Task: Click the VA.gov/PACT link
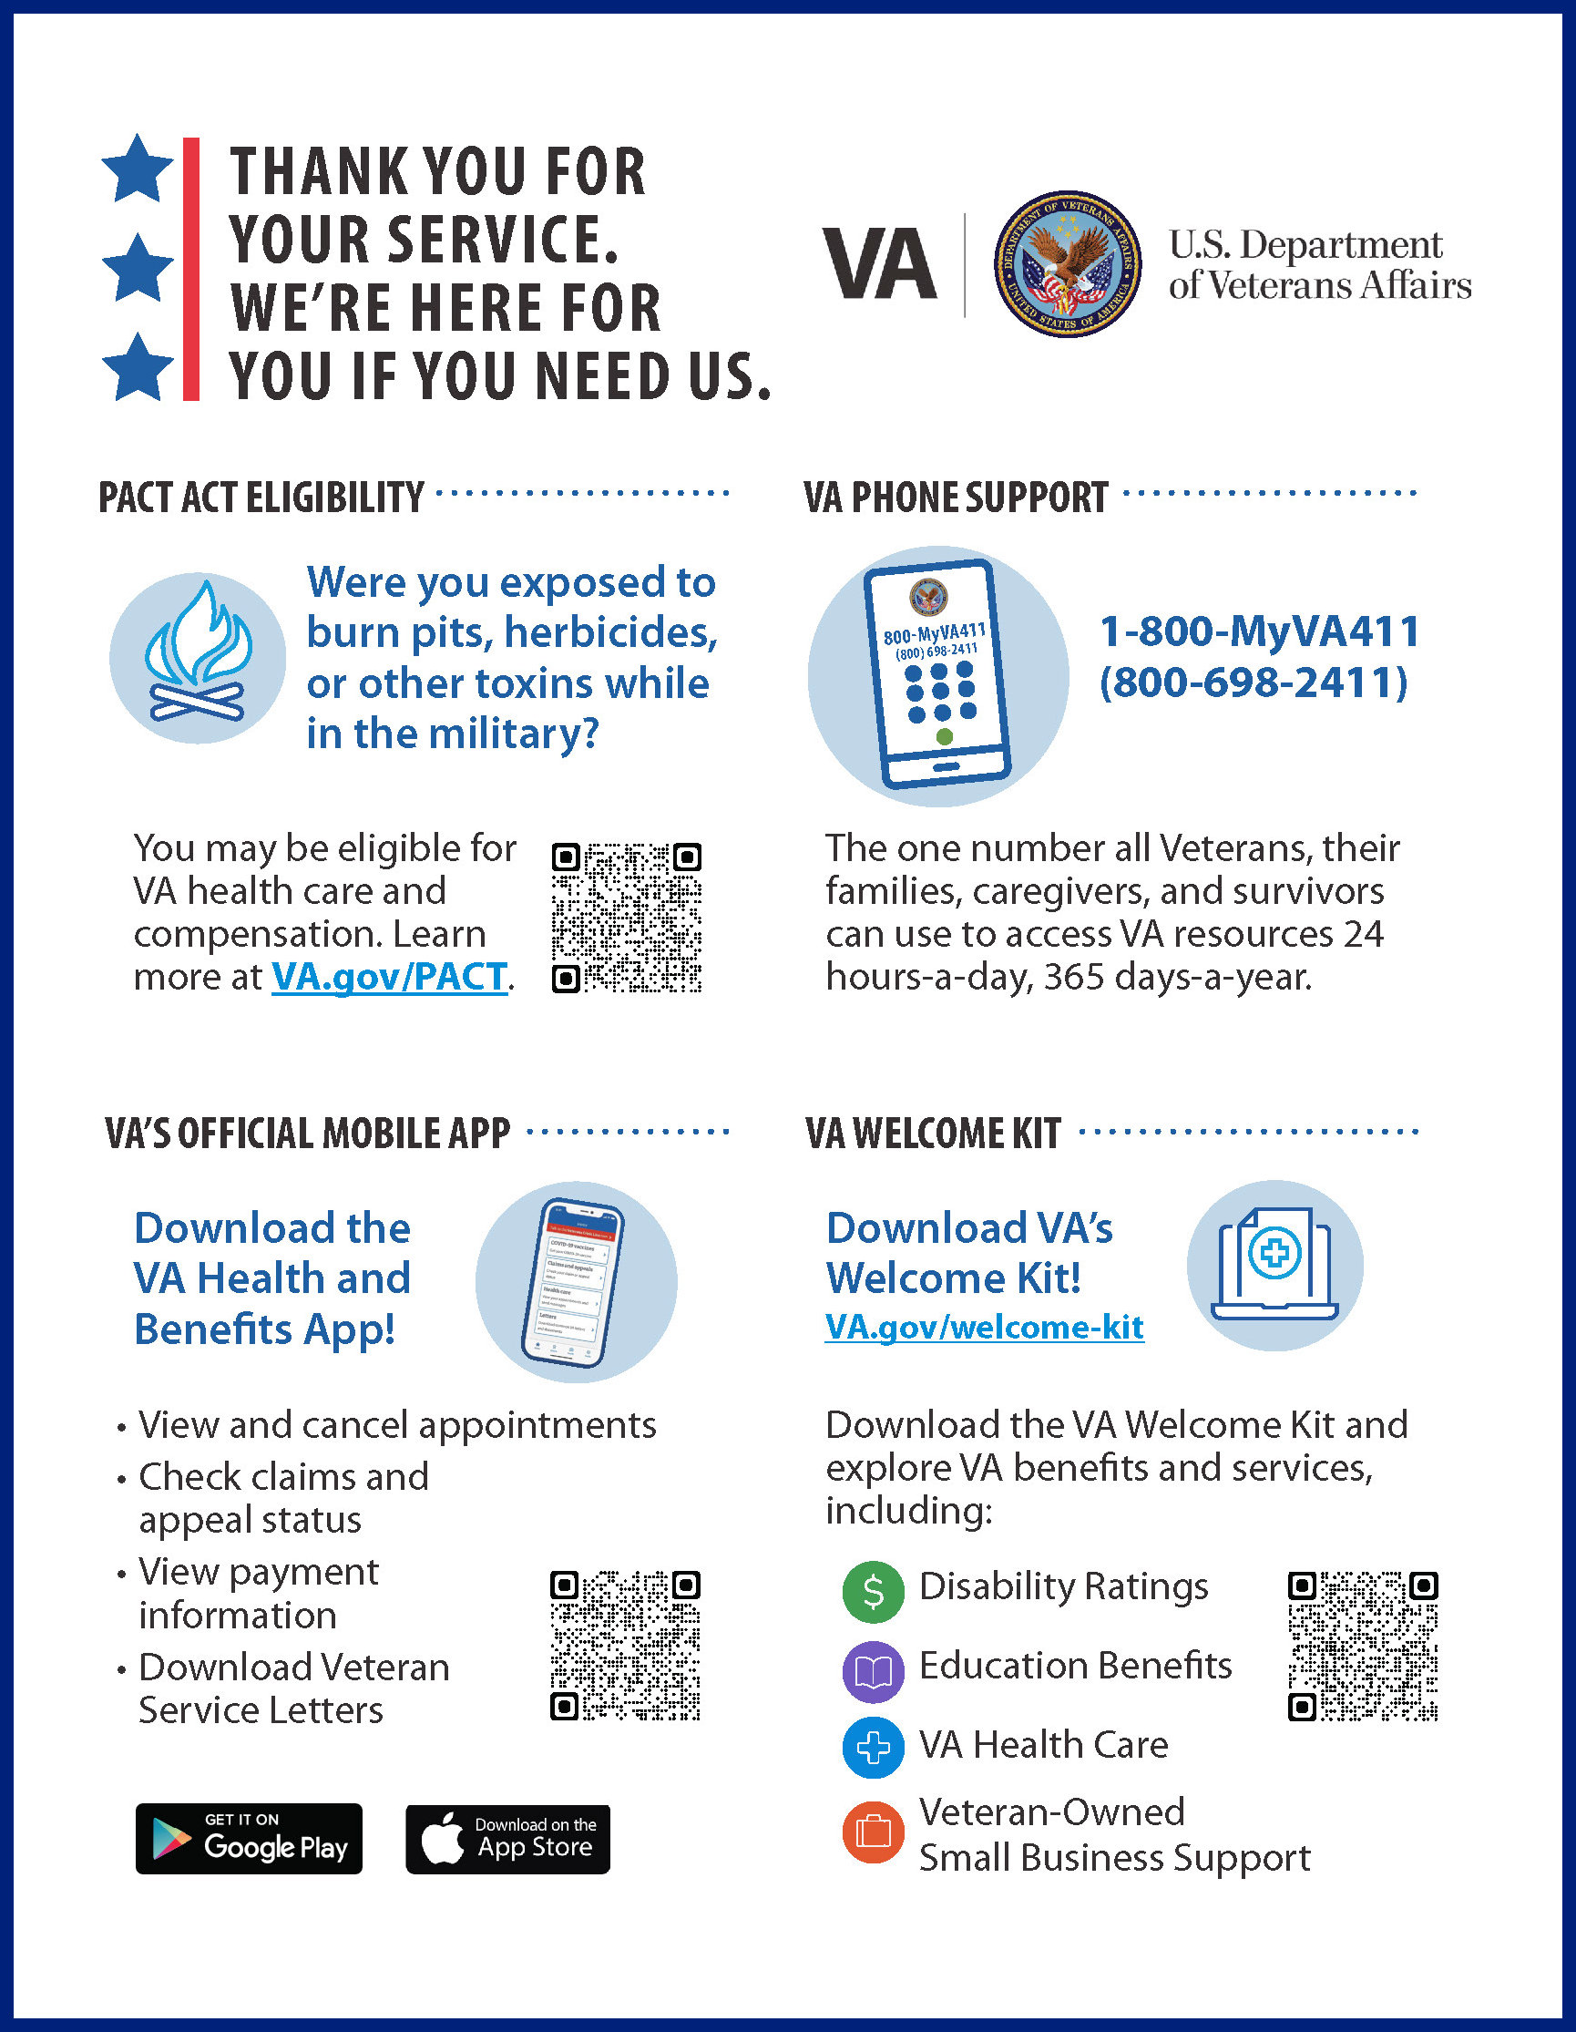pyautogui.click(x=389, y=978)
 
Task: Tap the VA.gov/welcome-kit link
pyautogui.click(x=984, y=1327)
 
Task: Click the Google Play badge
pyautogui.click(x=249, y=1839)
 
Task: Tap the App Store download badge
pyautogui.click(x=508, y=1839)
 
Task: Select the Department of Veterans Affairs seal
pyautogui.click(x=1067, y=265)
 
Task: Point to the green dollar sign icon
pyautogui.click(x=873, y=1592)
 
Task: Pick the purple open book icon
pyautogui.click(x=873, y=1672)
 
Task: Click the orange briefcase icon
pyautogui.click(x=873, y=1832)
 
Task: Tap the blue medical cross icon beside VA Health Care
pyautogui.click(x=873, y=1749)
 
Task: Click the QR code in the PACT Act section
pyautogui.click(x=626, y=919)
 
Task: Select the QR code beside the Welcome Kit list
pyautogui.click(x=1363, y=1646)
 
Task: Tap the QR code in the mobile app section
pyautogui.click(x=625, y=1646)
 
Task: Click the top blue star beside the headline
pyautogui.click(x=138, y=169)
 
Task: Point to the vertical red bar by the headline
pyautogui.click(x=190, y=269)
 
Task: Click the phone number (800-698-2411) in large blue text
pyautogui.click(x=1254, y=682)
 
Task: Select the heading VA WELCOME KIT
pyautogui.click(x=932, y=1134)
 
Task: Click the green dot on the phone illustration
pyautogui.click(x=945, y=737)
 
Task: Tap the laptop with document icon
pyautogui.click(x=1274, y=1266)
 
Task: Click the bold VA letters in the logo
pyautogui.click(x=879, y=265)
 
